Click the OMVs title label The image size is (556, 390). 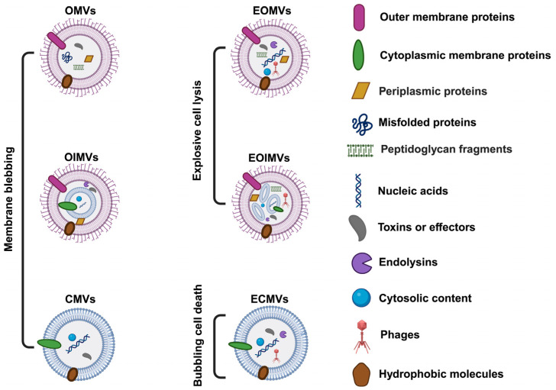click(80, 11)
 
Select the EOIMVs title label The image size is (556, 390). click(269, 158)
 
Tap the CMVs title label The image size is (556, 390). click(80, 299)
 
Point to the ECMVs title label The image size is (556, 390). click(269, 299)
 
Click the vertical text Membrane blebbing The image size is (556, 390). click(9, 199)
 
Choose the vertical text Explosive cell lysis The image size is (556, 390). click(197, 131)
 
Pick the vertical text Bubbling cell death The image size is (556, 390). click(198, 335)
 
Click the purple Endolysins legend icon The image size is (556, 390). click(362, 263)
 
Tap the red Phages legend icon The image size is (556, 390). click(362, 337)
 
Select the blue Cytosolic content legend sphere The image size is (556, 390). click(361, 298)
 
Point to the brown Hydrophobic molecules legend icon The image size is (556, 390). click(362, 375)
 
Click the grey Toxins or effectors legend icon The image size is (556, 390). click(358, 227)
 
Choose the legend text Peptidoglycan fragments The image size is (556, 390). click(446, 149)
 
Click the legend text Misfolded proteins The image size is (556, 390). click(427, 123)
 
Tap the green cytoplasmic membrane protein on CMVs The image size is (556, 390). click(50, 343)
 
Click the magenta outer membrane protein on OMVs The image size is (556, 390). click(57, 40)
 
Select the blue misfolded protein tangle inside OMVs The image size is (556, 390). click(67, 57)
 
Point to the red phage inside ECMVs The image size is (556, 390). click(276, 356)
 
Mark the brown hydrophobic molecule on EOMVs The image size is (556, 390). click(265, 83)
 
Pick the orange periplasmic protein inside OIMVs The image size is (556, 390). click(80, 222)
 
